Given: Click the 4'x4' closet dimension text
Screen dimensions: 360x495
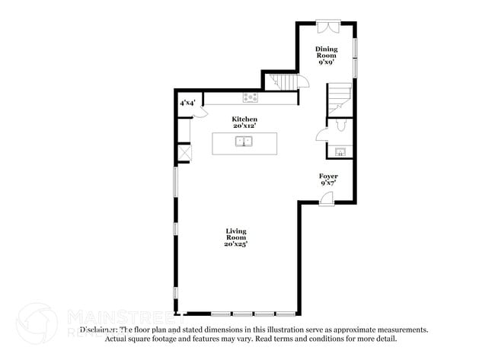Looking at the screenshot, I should coord(188,102).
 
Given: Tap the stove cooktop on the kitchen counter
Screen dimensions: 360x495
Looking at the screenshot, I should coord(250,97).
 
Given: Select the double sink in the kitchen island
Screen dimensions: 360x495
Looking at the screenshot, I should coord(244,142).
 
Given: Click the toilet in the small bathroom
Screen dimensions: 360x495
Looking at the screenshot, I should coord(340,123).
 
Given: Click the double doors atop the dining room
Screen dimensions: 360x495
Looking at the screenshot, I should coord(327,26).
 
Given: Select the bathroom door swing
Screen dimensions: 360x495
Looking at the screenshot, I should coord(321,135).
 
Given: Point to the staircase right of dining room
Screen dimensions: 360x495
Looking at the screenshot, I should coord(340,96).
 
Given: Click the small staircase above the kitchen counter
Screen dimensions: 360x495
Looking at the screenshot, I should coord(281,82).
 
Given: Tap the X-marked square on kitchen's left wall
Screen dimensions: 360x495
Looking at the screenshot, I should coord(184,153).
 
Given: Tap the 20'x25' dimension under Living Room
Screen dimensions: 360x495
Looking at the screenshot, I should coord(236,244).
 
